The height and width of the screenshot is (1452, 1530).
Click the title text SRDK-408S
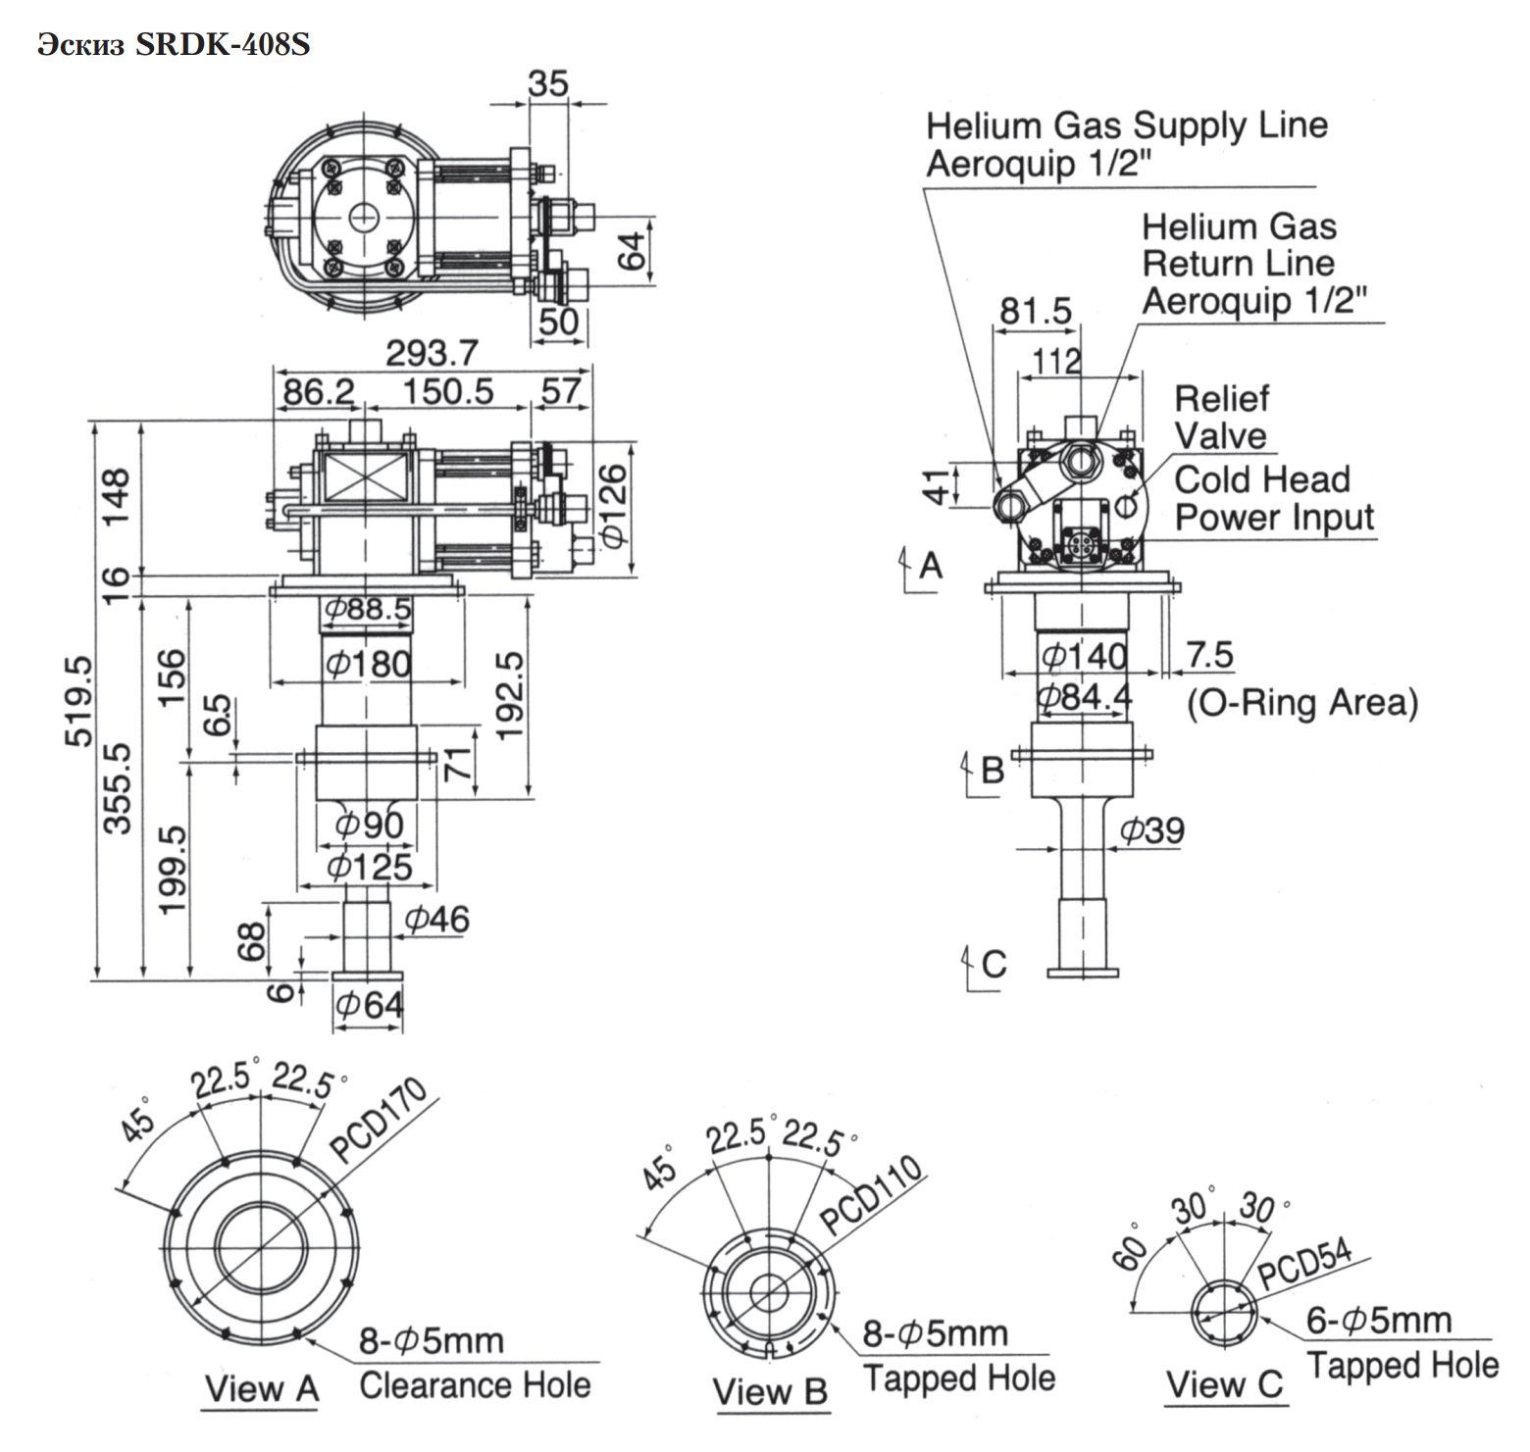222,46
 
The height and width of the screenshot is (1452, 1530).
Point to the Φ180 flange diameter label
368,665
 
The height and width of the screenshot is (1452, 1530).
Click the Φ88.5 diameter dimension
367,610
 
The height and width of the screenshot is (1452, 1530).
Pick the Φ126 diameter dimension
612,506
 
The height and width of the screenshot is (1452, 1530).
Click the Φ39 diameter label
1151,830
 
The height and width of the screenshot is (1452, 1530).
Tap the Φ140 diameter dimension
1084,654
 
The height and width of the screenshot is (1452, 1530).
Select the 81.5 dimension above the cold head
1036,311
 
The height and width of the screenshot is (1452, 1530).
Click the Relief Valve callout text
1221,418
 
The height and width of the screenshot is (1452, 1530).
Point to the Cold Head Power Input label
1274,498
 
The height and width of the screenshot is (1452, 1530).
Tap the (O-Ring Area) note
1302,703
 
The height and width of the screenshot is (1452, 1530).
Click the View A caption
261,1388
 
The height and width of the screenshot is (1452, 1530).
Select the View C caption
1224,1384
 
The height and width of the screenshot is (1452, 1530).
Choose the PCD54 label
1305,1266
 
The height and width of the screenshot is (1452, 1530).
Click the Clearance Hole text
475,1385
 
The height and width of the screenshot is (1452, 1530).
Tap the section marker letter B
993,770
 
